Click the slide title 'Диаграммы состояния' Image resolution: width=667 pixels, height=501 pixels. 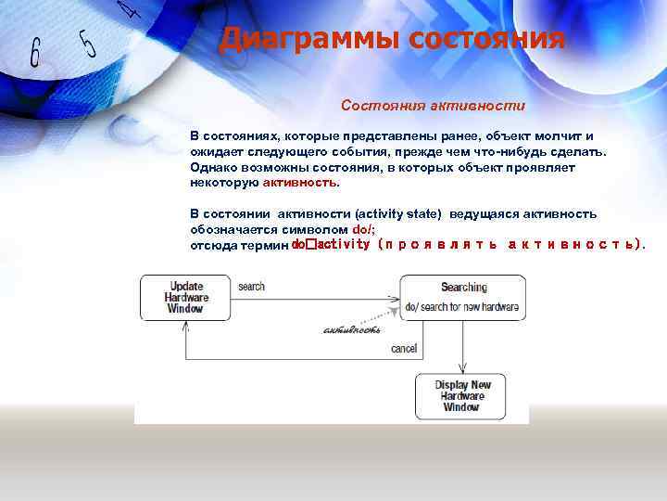(x=391, y=39)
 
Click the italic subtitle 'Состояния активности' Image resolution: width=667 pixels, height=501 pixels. (x=433, y=106)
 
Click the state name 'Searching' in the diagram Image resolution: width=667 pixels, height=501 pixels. (x=463, y=288)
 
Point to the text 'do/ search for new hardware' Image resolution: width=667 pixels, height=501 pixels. (x=461, y=306)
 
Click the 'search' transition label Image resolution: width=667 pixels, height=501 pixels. (x=251, y=287)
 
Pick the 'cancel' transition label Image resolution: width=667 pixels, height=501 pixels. (x=403, y=350)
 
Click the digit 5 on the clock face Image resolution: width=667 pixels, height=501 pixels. (x=88, y=42)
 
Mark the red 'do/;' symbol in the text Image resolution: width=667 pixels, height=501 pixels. (x=364, y=229)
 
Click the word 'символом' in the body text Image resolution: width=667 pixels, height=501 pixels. (x=318, y=229)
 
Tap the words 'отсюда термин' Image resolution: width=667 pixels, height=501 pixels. (x=239, y=245)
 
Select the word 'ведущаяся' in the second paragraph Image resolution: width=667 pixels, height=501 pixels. (x=481, y=214)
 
